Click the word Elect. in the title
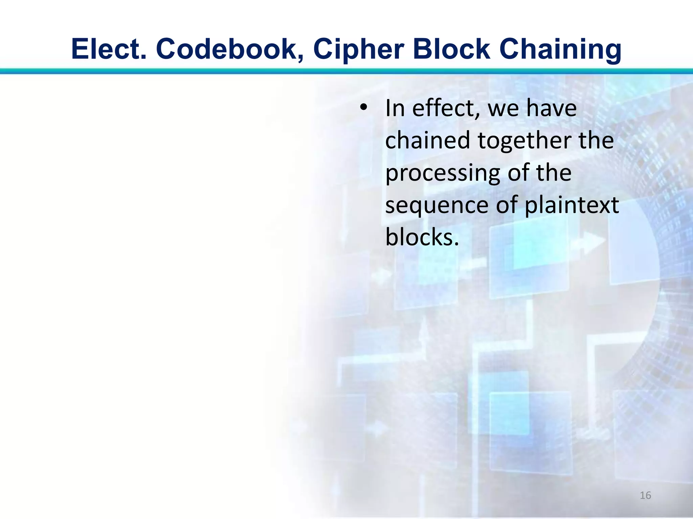(109, 49)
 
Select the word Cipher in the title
(358, 49)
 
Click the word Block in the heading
(451, 49)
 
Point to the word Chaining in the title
(560, 49)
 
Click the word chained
(428, 141)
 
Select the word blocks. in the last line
(422, 237)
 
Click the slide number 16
(645, 495)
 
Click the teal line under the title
(346, 71)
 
